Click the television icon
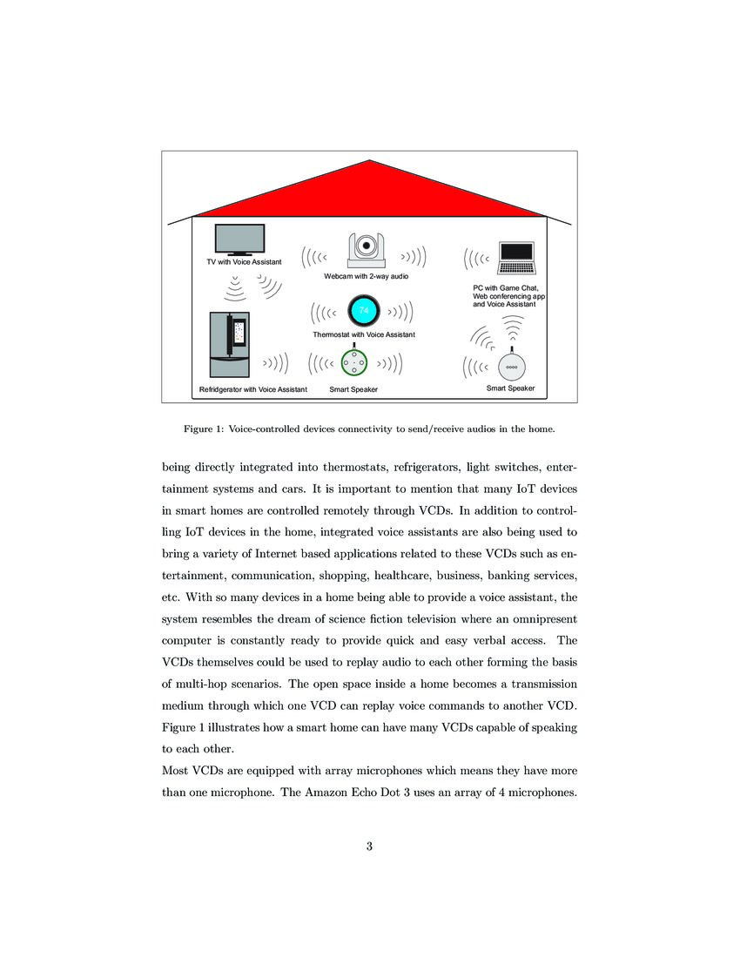(x=239, y=239)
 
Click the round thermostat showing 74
(x=364, y=312)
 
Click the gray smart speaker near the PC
(x=512, y=365)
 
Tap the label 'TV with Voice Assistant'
(x=244, y=262)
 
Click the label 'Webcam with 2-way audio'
(x=366, y=276)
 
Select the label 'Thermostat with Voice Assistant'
(x=364, y=334)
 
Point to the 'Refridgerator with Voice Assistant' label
(x=253, y=389)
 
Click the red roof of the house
(x=370, y=192)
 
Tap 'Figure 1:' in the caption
(x=203, y=429)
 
